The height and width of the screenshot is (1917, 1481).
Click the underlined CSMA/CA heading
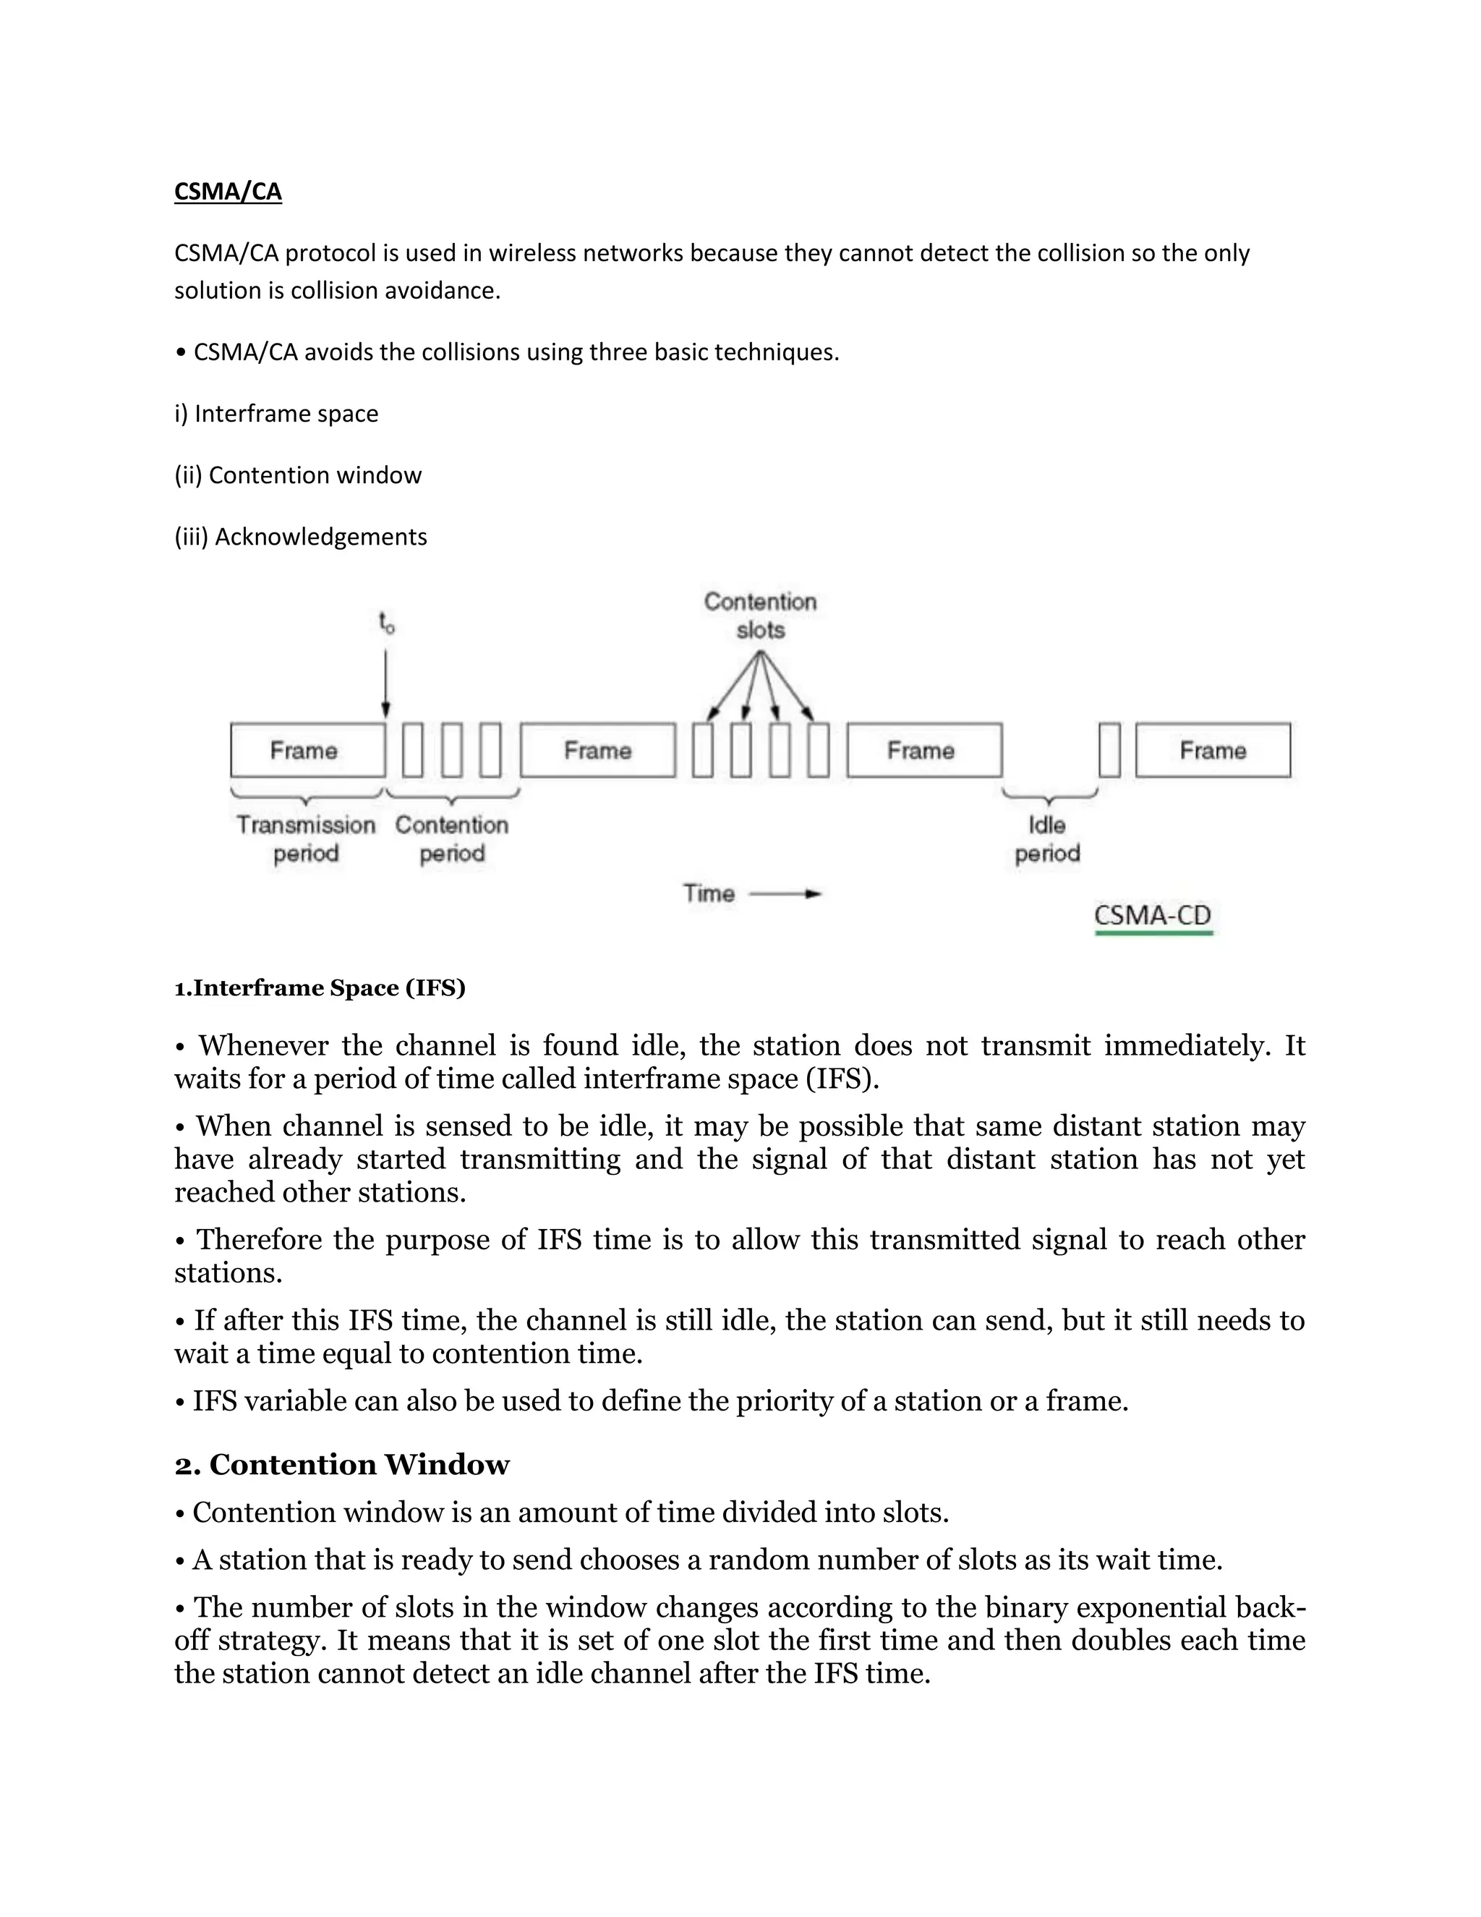pyautogui.click(x=228, y=192)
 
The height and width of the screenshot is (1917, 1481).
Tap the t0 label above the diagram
pyautogui.click(x=386, y=623)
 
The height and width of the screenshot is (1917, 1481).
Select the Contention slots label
pyautogui.click(x=760, y=616)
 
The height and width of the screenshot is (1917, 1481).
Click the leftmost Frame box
pyautogui.click(x=307, y=750)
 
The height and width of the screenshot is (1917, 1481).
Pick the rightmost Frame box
pyautogui.click(x=1213, y=750)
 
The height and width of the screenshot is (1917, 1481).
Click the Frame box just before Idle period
pyautogui.click(x=924, y=750)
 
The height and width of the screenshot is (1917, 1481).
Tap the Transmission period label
pyautogui.click(x=305, y=839)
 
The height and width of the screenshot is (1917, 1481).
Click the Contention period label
pyautogui.click(x=452, y=839)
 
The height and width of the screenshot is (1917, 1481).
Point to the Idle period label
pyautogui.click(x=1046, y=839)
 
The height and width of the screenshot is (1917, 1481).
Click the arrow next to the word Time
pyautogui.click(x=786, y=893)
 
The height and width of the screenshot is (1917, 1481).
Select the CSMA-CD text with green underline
pyautogui.click(x=1152, y=916)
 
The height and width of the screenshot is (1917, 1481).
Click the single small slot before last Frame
pyautogui.click(x=1109, y=750)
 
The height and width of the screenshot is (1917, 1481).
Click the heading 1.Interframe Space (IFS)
pyautogui.click(x=320, y=988)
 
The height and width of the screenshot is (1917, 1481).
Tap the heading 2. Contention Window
pyautogui.click(x=341, y=1464)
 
